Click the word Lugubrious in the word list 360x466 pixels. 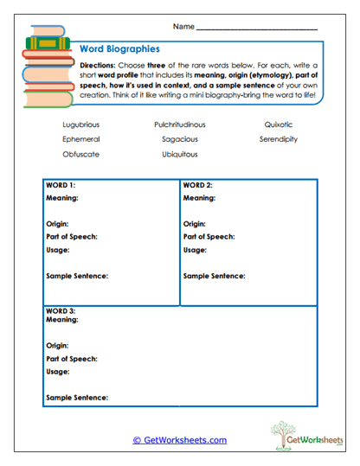click(x=81, y=124)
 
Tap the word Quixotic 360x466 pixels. click(x=279, y=124)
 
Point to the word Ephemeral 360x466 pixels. click(x=81, y=139)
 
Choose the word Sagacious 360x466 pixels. click(x=180, y=139)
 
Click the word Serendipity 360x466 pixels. click(x=279, y=139)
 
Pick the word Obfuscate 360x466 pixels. click(x=81, y=154)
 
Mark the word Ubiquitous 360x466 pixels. click(x=180, y=154)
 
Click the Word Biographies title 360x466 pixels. click(x=119, y=50)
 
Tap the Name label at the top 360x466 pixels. click(x=183, y=28)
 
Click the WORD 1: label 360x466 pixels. click(x=61, y=186)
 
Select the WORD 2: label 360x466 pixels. click(x=199, y=186)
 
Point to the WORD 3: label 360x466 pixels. click(x=61, y=310)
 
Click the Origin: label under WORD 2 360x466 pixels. click(x=195, y=224)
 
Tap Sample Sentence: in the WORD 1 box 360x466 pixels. click(x=77, y=276)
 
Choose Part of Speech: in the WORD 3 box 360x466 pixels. click(x=72, y=358)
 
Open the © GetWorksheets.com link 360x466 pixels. click(x=179, y=440)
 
